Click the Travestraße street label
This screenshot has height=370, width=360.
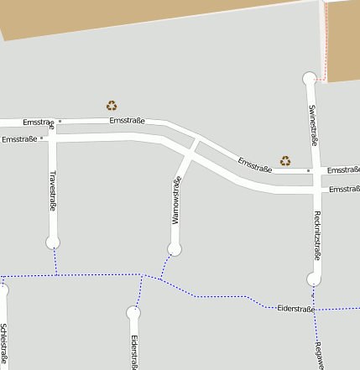(53, 190)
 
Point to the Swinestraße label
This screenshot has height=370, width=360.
(312, 125)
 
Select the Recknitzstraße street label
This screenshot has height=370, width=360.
(316, 236)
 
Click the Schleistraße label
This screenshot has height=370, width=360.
(4, 345)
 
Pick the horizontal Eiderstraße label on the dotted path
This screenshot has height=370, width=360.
(295, 309)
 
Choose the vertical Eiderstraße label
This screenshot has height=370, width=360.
(134, 352)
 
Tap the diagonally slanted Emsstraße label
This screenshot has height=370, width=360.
(254, 164)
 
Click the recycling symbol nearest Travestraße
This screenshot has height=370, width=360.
(112, 106)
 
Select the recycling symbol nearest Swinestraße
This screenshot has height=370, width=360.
(285, 160)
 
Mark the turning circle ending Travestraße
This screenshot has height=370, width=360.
(53, 242)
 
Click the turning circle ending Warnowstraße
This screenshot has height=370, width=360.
(175, 248)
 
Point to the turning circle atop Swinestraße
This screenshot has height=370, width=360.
(310, 79)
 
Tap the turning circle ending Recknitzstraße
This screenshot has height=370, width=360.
(314, 279)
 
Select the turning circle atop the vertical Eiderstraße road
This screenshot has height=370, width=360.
(133, 313)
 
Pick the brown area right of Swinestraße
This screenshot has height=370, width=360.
(343, 42)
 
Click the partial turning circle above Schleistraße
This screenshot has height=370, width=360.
(3, 289)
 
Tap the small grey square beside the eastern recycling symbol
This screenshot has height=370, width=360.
(309, 170)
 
